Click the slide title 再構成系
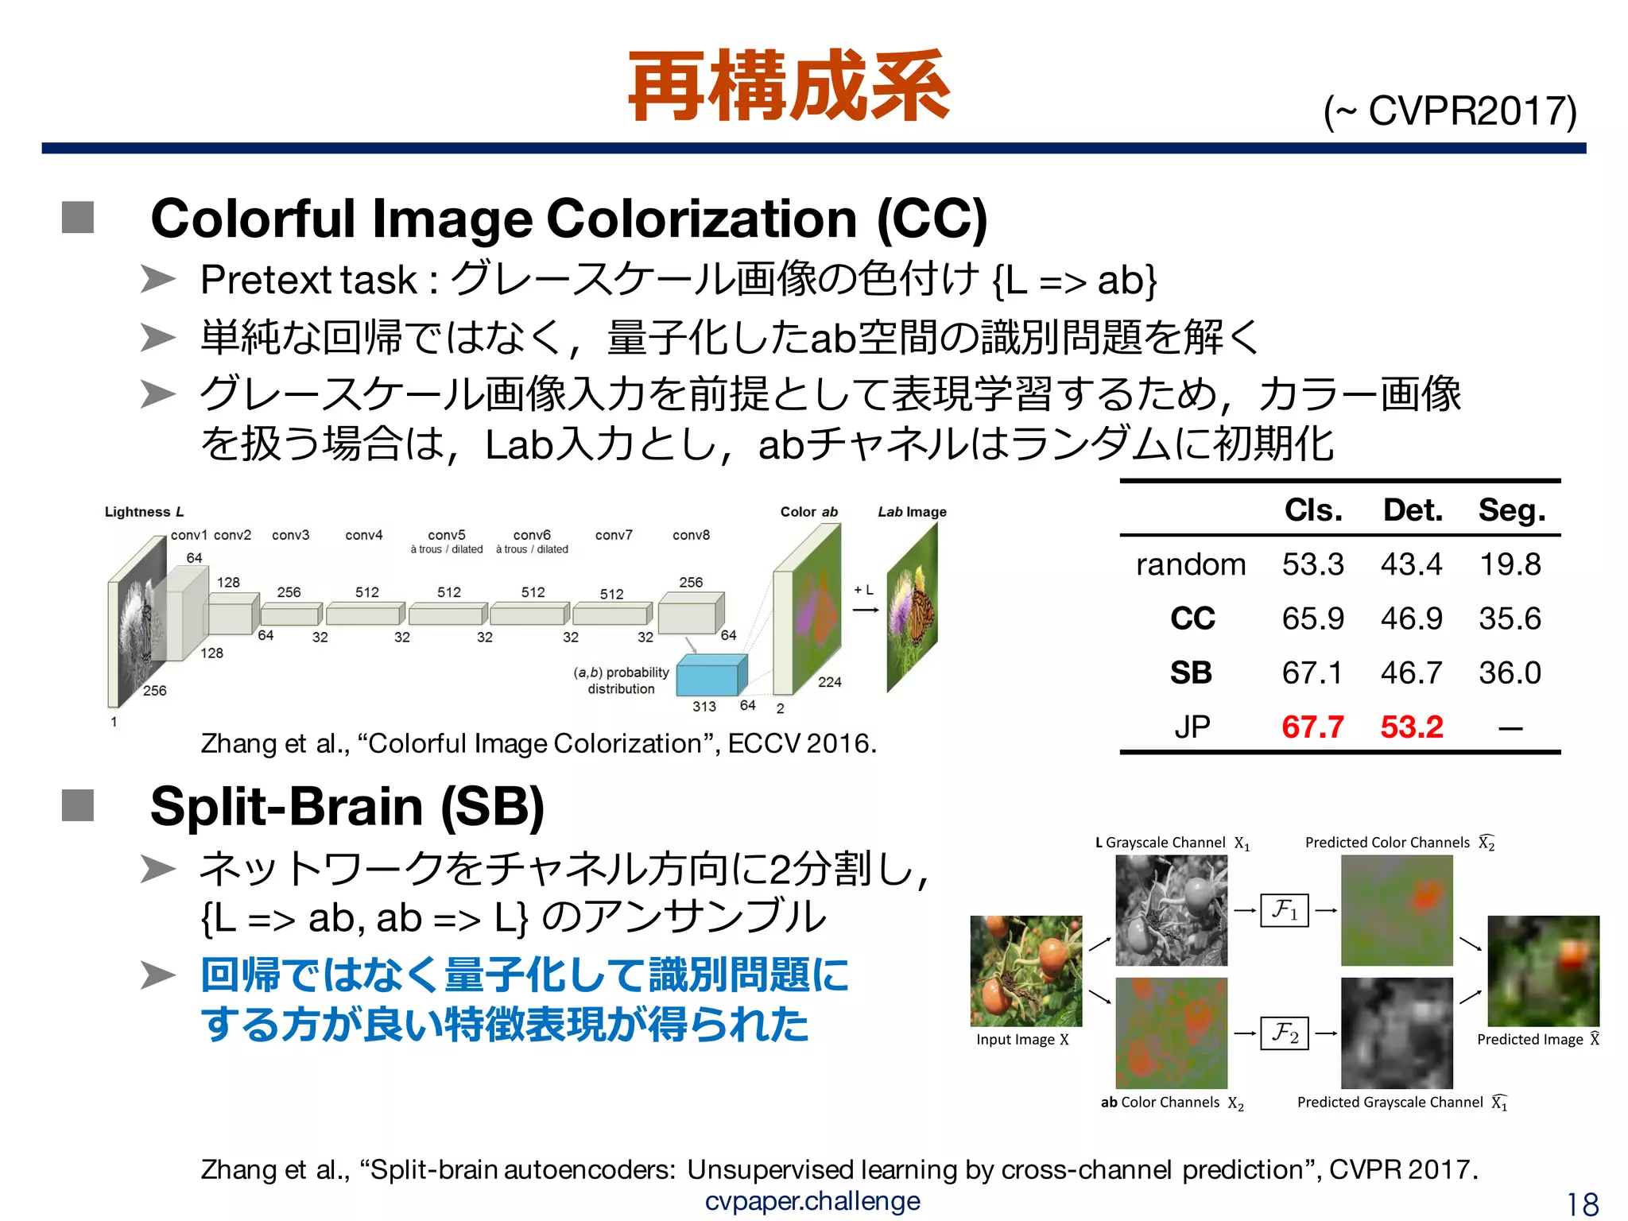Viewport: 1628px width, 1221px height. [x=789, y=86]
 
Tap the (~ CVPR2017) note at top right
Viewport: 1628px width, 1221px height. [x=1449, y=111]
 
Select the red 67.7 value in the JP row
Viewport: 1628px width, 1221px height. [x=1312, y=727]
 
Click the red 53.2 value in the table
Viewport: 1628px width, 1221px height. [x=1411, y=727]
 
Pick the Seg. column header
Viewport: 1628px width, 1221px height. [x=1511, y=510]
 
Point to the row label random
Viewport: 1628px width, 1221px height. [x=1190, y=564]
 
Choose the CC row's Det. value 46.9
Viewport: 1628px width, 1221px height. [x=1411, y=618]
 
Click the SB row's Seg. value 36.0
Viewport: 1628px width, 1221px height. [x=1510, y=673]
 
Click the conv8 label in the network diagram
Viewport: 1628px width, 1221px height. [x=691, y=535]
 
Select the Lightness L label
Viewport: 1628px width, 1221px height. [x=144, y=512]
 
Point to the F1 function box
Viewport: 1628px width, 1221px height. [x=1284, y=909]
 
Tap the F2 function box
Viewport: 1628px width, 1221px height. [x=1284, y=1033]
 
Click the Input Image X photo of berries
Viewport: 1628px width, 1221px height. [x=1025, y=971]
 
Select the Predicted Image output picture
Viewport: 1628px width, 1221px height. [x=1542, y=971]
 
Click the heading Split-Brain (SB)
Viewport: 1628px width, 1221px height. [x=347, y=806]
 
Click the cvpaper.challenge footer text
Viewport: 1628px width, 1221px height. [x=812, y=1200]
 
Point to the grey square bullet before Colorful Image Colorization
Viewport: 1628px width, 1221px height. [x=78, y=217]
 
